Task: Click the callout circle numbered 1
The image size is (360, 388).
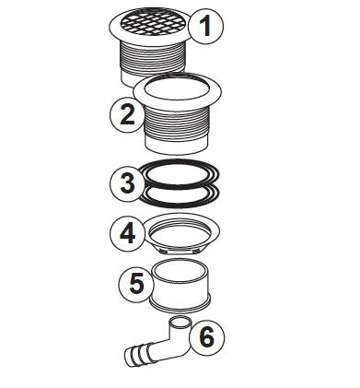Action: pos(205,28)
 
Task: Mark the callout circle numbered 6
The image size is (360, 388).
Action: pos(208,337)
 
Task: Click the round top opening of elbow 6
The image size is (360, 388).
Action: pos(180,323)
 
